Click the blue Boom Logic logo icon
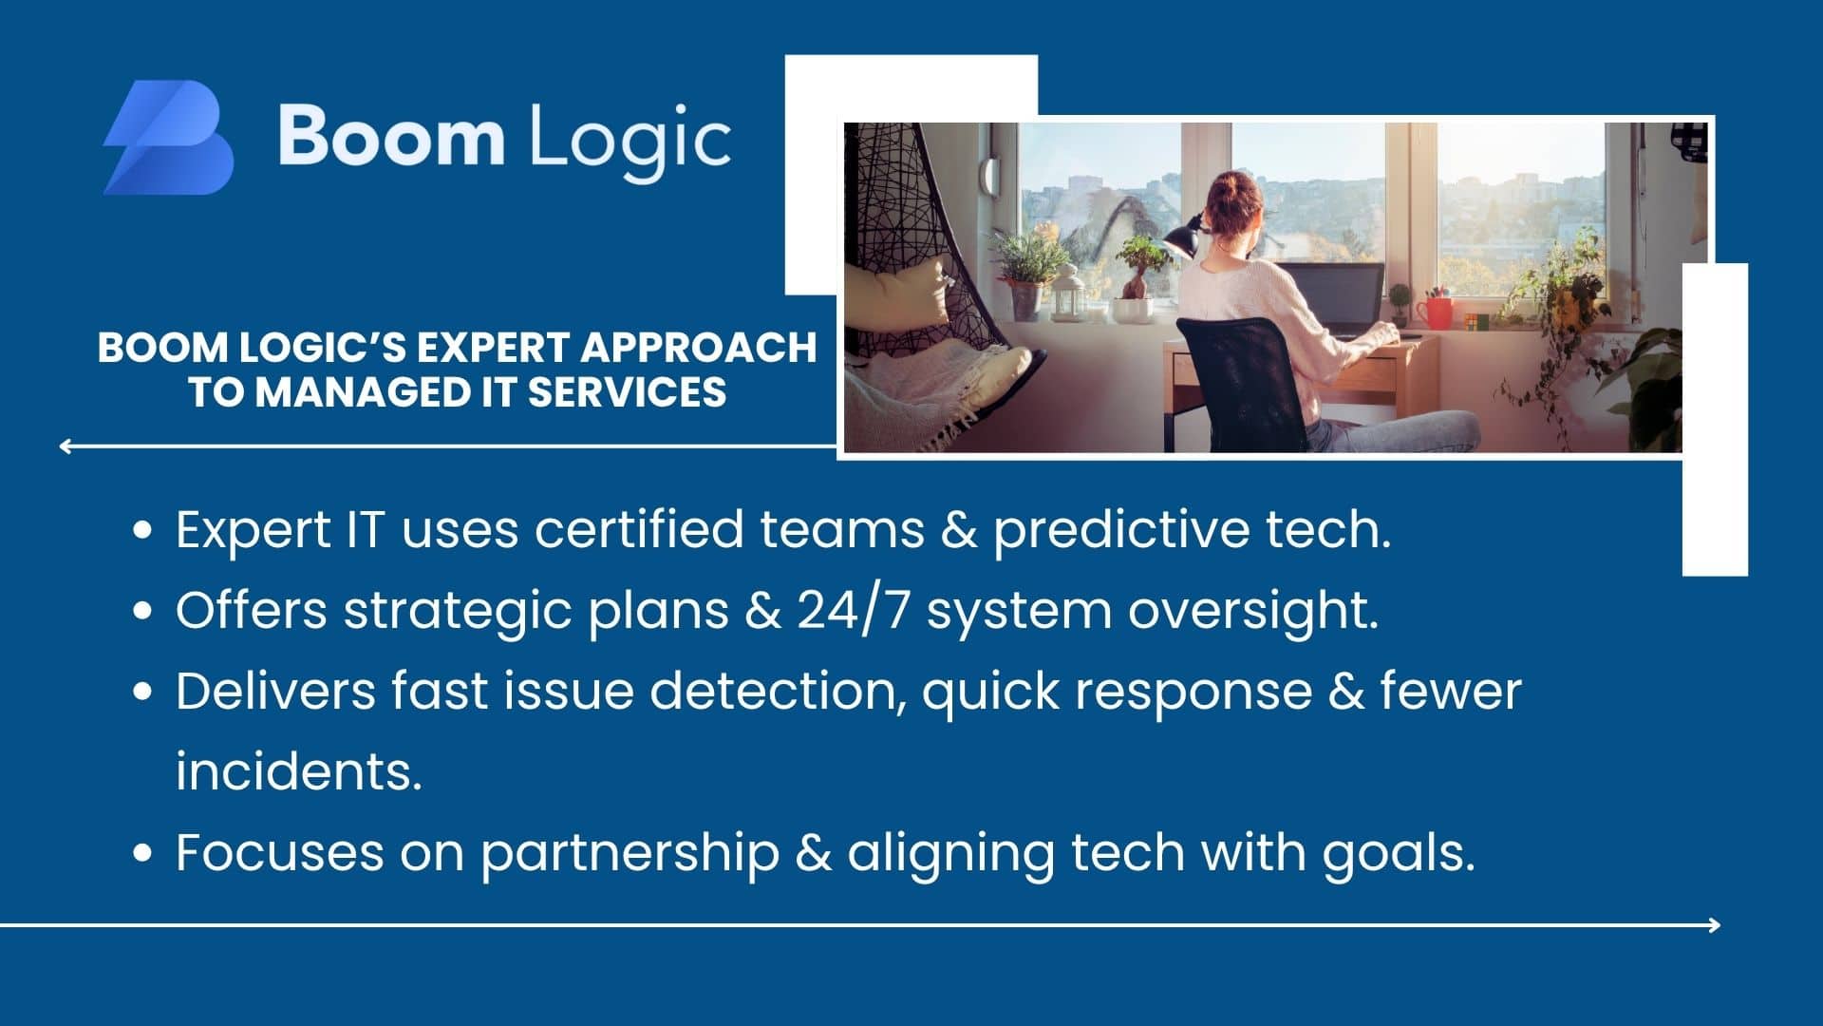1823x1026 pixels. point(168,138)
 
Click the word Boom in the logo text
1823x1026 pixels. point(391,136)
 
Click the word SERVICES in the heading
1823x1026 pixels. point(627,392)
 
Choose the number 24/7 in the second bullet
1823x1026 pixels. point(854,610)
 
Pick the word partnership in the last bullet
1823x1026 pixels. point(630,853)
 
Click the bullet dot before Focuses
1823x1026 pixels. point(143,853)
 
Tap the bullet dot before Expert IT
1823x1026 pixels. point(143,530)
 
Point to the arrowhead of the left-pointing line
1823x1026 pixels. point(65,446)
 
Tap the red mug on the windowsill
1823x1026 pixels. point(1435,313)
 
